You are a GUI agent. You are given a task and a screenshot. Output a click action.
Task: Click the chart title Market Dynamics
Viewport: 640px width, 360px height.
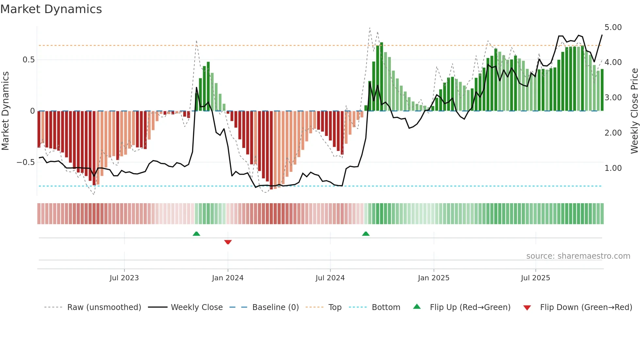point(51,9)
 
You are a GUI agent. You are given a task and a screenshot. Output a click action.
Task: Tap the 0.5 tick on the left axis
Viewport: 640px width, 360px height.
point(28,60)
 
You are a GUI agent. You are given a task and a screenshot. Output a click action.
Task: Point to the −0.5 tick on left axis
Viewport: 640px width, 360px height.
point(25,162)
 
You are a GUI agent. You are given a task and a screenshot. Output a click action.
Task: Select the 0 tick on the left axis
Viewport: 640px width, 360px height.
point(32,111)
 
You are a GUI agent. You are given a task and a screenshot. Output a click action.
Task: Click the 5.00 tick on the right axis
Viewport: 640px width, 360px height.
point(613,27)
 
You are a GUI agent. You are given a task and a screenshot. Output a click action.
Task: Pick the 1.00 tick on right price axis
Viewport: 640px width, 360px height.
point(613,168)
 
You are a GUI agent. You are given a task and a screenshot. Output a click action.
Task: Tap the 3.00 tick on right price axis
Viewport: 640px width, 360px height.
point(613,98)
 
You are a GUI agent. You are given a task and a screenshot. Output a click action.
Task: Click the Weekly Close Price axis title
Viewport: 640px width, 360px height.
point(634,111)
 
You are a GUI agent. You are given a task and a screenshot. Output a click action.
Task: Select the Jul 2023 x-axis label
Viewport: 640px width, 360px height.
point(124,278)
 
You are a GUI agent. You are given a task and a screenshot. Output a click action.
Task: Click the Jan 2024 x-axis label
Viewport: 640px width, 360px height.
point(228,278)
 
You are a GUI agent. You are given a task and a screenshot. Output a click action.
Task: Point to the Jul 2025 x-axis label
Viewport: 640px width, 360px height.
point(535,278)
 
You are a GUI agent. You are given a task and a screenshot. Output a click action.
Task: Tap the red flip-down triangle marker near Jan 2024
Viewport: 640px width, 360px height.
point(228,242)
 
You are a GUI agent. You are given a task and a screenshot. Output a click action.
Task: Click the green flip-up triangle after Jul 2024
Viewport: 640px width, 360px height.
point(366,234)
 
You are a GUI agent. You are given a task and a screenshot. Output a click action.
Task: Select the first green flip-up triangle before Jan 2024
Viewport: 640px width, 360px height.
point(196,234)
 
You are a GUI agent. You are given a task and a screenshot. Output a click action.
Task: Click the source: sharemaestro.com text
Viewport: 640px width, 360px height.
point(578,256)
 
